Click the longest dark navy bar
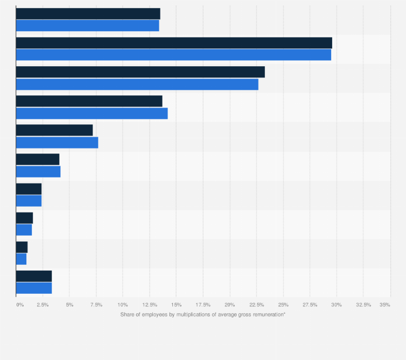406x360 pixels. (174, 43)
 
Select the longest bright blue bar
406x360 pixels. (173, 55)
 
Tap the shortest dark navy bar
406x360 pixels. (22, 247)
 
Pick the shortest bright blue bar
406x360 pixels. (21, 259)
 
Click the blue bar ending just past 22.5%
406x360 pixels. (137, 84)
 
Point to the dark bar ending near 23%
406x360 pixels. (140, 72)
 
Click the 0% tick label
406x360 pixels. (19, 305)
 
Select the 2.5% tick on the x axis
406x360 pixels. (43, 305)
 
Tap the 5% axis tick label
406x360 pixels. (69, 305)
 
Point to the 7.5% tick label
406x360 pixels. (96, 305)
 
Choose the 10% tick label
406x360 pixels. (123, 305)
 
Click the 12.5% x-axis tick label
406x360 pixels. (150, 305)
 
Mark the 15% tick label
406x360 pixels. (176, 305)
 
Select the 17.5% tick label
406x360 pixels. (203, 305)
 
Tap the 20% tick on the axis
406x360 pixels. (230, 305)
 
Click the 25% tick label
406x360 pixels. (283, 305)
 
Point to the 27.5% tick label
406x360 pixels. (310, 305)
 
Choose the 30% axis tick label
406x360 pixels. (337, 305)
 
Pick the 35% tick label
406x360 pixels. (384, 305)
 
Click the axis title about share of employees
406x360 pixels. (202, 314)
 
